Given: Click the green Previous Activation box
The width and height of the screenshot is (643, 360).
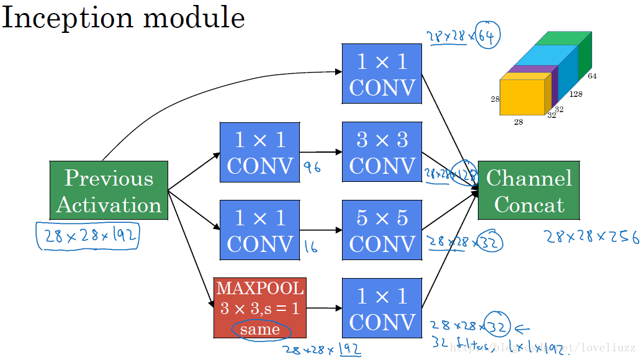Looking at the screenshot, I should pyautogui.click(x=109, y=191).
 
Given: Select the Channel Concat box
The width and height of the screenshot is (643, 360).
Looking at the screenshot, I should pyautogui.click(x=528, y=191).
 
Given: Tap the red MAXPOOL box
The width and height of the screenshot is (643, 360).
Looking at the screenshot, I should pyautogui.click(x=259, y=307).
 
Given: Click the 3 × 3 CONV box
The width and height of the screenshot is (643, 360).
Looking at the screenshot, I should pyautogui.click(x=382, y=152).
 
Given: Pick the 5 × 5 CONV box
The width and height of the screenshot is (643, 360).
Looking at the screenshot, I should pyautogui.click(x=382, y=230).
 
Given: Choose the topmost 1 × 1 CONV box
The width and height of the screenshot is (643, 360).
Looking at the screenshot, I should pyautogui.click(x=382, y=73).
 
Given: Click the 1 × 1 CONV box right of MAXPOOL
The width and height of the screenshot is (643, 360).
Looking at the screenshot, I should pyautogui.click(x=382, y=308).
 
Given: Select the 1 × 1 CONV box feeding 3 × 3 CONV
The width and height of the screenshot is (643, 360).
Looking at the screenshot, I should pyautogui.click(x=259, y=152).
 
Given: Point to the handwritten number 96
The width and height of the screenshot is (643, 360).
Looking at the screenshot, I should pyautogui.click(x=312, y=167).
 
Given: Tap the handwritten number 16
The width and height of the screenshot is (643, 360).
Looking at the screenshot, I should pyautogui.click(x=311, y=248).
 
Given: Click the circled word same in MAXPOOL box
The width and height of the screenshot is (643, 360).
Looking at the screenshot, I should pyautogui.click(x=259, y=329).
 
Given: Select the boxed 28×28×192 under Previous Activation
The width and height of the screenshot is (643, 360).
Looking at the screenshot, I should pyautogui.click(x=88, y=236).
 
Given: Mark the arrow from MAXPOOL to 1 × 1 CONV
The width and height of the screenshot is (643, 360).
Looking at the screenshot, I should pyautogui.click(x=324, y=308).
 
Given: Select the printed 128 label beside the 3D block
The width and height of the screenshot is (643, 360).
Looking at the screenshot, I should pyautogui.click(x=575, y=94).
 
